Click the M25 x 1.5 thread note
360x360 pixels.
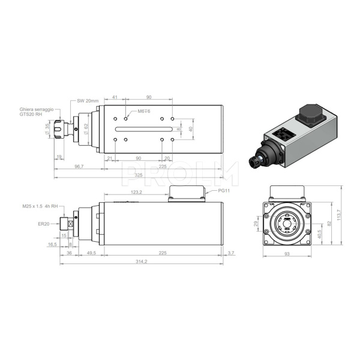[41, 206]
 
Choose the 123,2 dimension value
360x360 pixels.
[136, 192]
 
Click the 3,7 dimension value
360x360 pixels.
[231, 253]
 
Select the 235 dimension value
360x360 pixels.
[163, 166]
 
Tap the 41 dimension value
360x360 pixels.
[115, 97]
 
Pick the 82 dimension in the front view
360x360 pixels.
[328, 223]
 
